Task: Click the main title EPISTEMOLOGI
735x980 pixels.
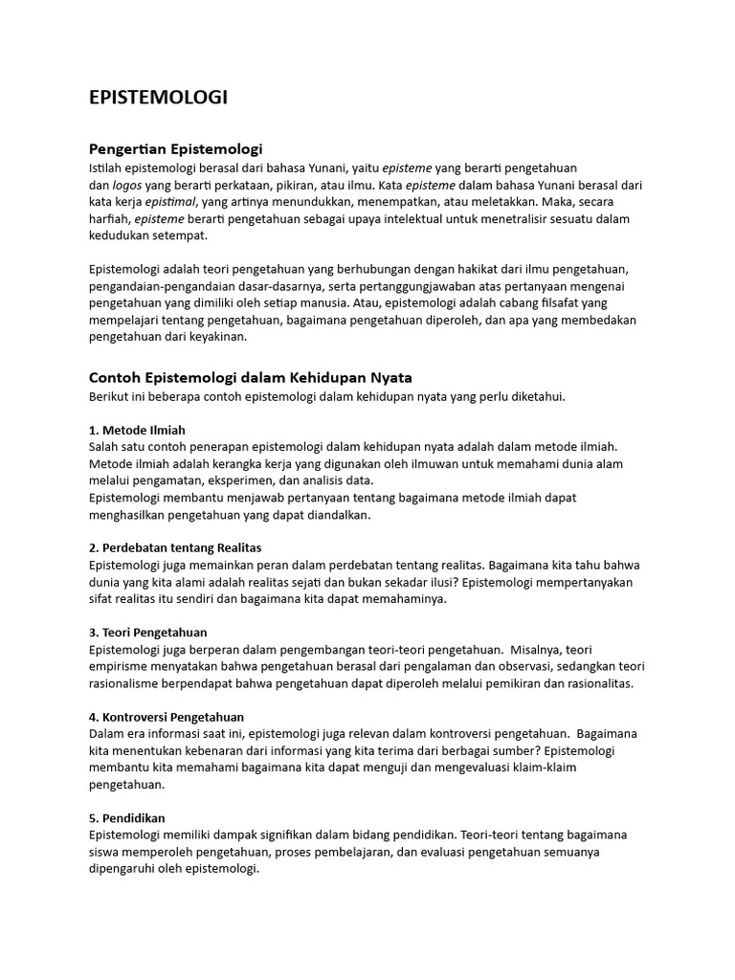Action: pyautogui.click(x=158, y=98)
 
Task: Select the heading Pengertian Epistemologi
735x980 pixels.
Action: pyautogui.click(x=175, y=149)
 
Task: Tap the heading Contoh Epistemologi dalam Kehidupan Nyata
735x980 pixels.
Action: pyautogui.click(x=250, y=377)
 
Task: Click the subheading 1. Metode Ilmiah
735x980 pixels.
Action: pyautogui.click(x=137, y=430)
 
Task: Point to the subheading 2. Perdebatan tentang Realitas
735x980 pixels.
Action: pyautogui.click(x=175, y=547)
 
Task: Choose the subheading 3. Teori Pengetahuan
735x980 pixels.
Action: pyautogui.click(x=147, y=633)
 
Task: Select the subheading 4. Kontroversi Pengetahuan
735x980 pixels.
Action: pyautogui.click(x=166, y=717)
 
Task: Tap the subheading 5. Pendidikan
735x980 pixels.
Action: pyautogui.click(x=127, y=818)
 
